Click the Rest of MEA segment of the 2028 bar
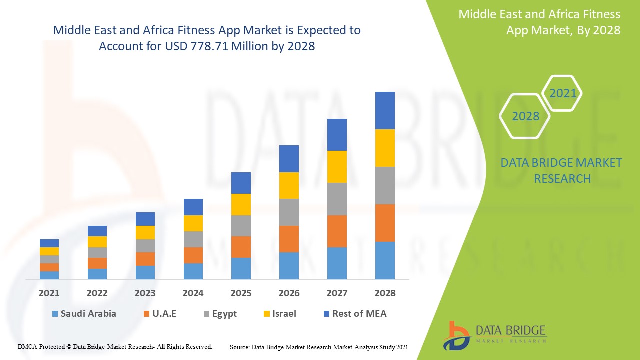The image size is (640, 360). coord(385,110)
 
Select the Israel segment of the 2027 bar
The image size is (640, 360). coord(337,167)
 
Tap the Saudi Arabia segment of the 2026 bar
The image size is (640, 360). coord(289,265)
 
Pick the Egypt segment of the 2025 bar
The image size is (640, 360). coord(241,226)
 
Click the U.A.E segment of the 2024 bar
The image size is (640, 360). coord(193,255)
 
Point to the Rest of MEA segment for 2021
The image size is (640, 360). coord(49,243)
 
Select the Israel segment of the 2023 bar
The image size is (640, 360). coord(145,232)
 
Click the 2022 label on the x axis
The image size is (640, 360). coord(97,293)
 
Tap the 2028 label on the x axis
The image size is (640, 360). coord(385,293)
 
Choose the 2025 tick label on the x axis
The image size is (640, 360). coord(241,293)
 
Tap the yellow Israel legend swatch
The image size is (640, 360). coord(267,314)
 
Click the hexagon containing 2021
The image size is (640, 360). coord(562,93)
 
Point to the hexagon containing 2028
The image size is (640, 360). coord(525,116)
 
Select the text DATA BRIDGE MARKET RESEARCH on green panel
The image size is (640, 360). coord(561,171)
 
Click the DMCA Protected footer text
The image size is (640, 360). coord(115,346)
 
